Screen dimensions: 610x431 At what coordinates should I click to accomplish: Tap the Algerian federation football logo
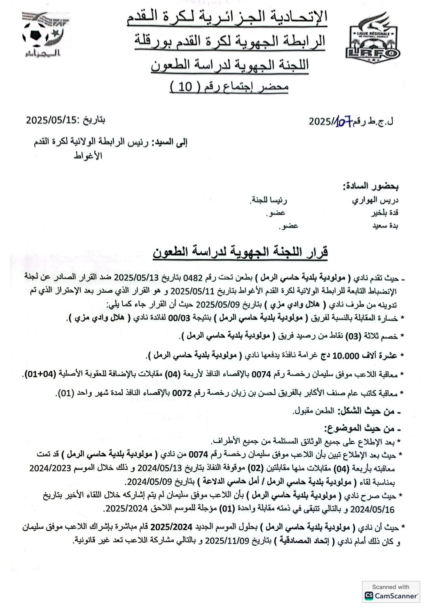43,35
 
